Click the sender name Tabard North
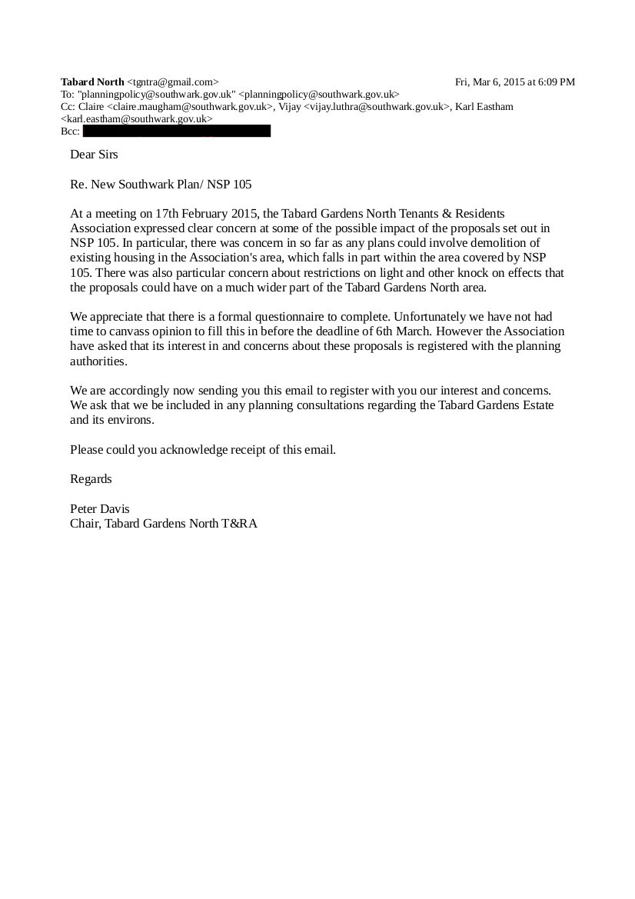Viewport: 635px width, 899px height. [x=92, y=82]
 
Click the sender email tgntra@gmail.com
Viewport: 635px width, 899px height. [x=172, y=82]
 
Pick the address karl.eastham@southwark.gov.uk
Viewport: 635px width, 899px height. [x=136, y=119]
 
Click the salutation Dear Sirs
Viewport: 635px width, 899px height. [x=94, y=154]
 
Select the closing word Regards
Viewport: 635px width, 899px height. [x=91, y=478]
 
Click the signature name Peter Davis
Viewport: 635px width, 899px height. [x=99, y=508]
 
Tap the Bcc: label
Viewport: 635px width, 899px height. [x=70, y=132]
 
